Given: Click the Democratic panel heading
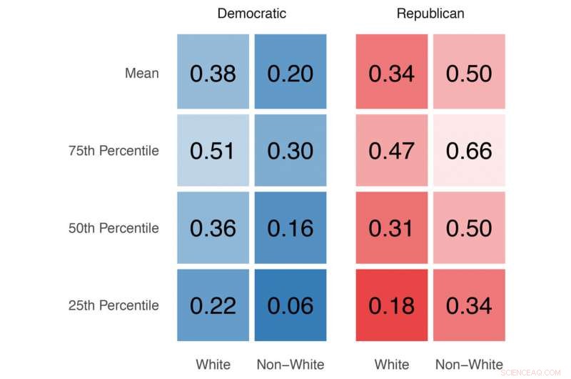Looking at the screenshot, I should [251, 14].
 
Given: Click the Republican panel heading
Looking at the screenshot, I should [430, 14].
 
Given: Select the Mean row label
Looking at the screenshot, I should [141, 73].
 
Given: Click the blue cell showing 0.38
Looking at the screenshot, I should [213, 73].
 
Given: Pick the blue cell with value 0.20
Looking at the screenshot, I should [290, 73].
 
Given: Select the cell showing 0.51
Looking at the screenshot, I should [213, 151].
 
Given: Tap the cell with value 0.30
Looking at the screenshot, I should [290, 151].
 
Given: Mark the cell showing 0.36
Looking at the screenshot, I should [213, 228].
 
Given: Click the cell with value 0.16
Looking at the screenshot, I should [290, 228].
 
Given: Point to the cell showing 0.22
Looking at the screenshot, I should [213, 305].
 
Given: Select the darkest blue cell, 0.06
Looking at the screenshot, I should [290, 305].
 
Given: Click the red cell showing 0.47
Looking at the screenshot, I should [391, 151].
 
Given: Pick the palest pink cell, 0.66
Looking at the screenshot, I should [469, 151].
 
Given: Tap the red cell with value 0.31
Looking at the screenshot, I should [391, 228].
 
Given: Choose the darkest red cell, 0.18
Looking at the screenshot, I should [391, 305].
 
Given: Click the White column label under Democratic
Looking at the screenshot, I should [213, 365].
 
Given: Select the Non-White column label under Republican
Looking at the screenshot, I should [469, 365].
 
